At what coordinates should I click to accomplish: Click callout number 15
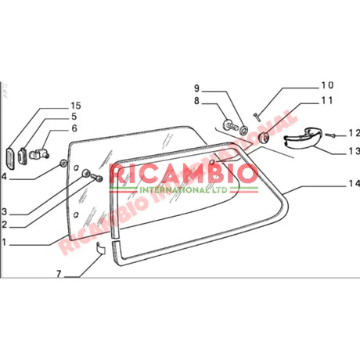pyautogui.click(x=75, y=105)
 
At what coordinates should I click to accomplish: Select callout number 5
pyautogui.click(x=74, y=117)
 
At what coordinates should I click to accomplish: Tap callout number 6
pyautogui.click(x=74, y=128)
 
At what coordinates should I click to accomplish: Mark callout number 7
pyautogui.click(x=58, y=275)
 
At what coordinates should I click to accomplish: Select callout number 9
pyautogui.click(x=198, y=88)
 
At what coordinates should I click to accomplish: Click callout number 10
pyautogui.click(x=326, y=85)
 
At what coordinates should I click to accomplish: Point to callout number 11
pyautogui.click(x=326, y=100)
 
